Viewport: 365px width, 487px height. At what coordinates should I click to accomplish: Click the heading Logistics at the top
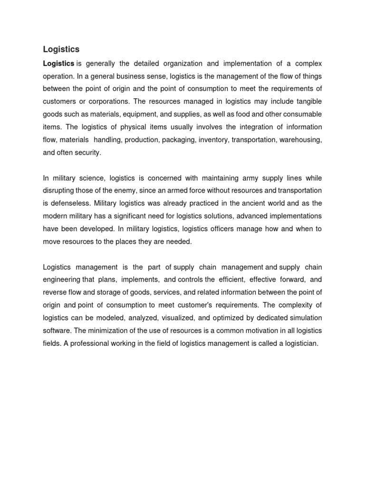click(61, 49)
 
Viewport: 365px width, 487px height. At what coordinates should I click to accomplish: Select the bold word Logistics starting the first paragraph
click(58, 63)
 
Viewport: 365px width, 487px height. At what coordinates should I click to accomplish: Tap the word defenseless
click(69, 204)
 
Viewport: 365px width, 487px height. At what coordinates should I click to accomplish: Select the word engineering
click(62, 280)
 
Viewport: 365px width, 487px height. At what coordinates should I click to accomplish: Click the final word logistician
click(297, 343)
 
